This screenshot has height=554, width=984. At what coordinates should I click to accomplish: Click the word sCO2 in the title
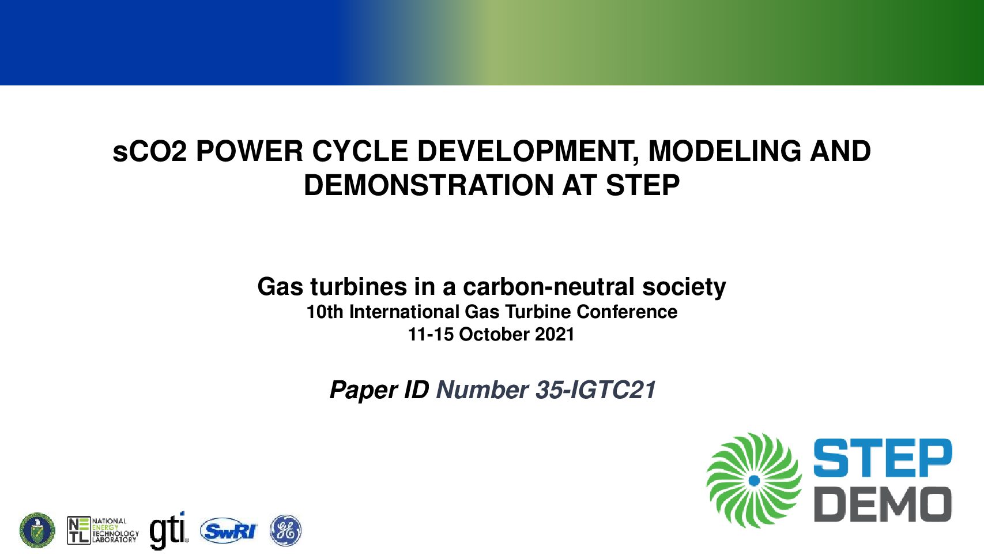(x=150, y=152)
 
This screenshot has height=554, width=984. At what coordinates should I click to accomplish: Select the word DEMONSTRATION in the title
(x=428, y=185)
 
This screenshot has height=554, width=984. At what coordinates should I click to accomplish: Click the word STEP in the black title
(x=643, y=185)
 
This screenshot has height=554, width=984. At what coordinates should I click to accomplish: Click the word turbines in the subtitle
(x=359, y=287)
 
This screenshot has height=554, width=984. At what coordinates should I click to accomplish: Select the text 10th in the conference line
(x=325, y=312)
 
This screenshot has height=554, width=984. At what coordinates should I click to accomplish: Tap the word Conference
(x=627, y=312)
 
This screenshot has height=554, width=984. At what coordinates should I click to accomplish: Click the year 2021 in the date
(x=555, y=335)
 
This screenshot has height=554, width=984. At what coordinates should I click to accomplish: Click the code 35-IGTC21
(x=595, y=390)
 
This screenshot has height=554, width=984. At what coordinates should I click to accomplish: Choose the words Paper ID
(x=379, y=390)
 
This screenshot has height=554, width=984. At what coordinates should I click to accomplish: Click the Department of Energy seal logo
(x=37, y=530)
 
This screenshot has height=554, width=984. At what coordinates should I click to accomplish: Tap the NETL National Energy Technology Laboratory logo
(x=103, y=530)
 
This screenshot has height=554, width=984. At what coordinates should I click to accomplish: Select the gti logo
(x=169, y=530)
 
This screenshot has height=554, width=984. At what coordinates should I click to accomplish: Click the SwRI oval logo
(x=229, y=531)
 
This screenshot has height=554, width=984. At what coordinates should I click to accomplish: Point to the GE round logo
(x=285, y=530)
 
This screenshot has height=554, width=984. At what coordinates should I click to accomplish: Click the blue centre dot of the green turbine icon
(x=754, y=481)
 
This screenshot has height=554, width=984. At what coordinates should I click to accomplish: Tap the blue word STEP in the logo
(x=883, y=458)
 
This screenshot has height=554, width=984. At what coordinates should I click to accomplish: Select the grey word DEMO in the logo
(x=883, y=504)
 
